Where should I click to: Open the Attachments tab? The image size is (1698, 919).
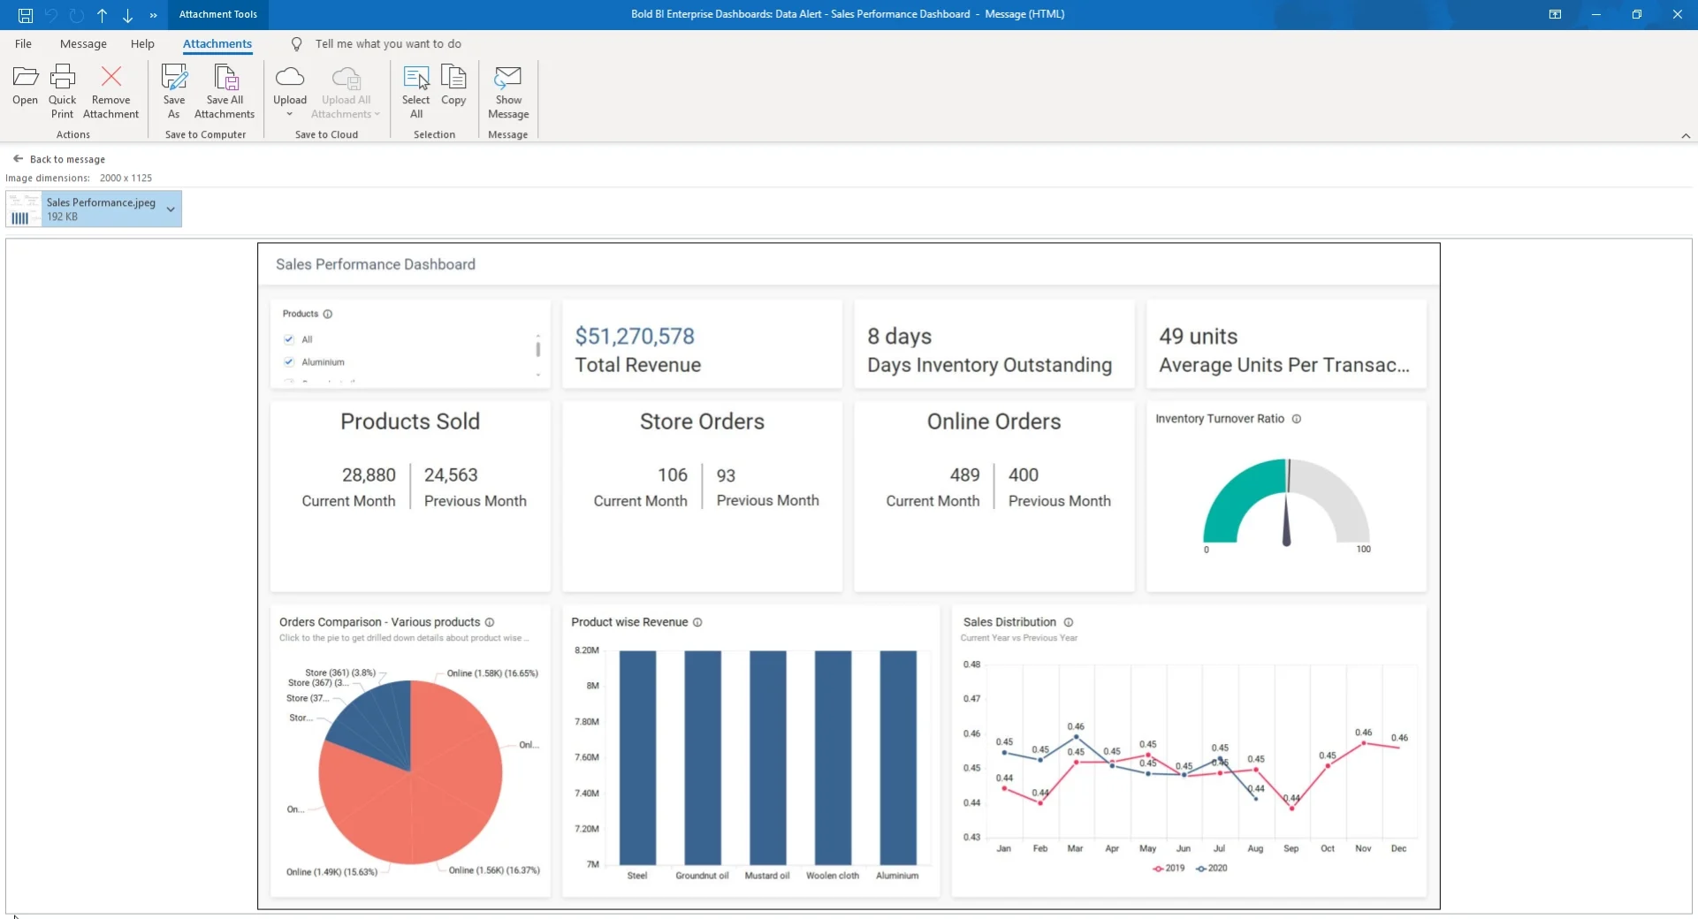pyautogui.click(x=217, y=44)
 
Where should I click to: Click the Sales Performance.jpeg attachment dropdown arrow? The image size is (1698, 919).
pyautogui.click(x=171, y=209)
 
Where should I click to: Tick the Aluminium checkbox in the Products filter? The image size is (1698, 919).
pyautogui.click(x=289, y=361)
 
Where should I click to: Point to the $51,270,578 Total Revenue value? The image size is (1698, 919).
pyautogui.click(x=635, y=337)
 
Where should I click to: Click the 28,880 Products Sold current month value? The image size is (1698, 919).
pyautogui.click(x=369, y=475)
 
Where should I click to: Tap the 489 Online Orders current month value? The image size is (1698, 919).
pyautogui.click(x=964, y=475)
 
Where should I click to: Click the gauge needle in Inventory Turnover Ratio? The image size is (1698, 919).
pyautogui.click(x=1286, y=521)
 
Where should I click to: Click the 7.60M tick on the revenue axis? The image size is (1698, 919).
pyautogui.click(x=587, y=757)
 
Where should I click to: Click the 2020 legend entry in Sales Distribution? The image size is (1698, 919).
pyautogui.click(x=1212, y=869)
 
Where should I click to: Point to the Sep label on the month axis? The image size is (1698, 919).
pyautogui.click(x=1291, y=848)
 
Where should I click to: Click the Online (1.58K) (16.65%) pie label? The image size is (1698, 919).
pyautogui.click(x=492, y=673)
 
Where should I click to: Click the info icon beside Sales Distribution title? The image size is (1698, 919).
pyautogui.click(x=1069, y=622)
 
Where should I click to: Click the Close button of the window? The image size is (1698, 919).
pyautogui.click(x=1677, y=14)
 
